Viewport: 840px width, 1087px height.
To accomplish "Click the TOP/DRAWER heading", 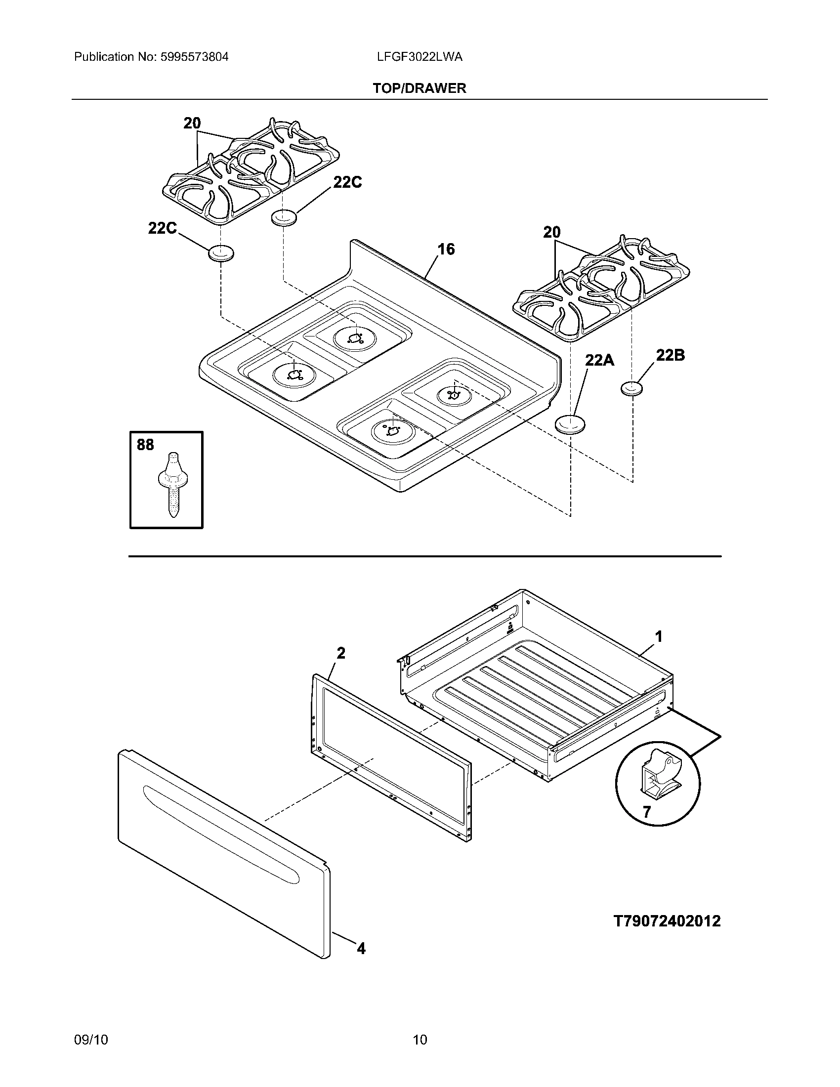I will coord(420,88).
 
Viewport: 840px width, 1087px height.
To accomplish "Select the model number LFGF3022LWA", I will coord(420,57).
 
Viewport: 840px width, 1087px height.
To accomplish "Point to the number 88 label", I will coord(145,445).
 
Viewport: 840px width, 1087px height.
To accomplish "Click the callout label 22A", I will coord(599,360).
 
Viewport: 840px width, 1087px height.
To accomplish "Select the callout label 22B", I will coord(670,355).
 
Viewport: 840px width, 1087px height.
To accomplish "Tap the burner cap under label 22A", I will coord(570,424).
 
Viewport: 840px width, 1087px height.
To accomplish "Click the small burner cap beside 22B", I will coord(631,388).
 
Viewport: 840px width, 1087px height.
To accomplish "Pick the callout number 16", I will coord(446,249).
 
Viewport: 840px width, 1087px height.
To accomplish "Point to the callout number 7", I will coord(646,812).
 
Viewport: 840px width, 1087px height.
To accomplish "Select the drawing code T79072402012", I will coord(667,921).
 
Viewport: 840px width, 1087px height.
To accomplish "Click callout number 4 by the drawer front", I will coord(361,949).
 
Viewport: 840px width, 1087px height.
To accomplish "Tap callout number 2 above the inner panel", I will coord(341,653).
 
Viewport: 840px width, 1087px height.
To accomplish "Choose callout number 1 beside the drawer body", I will coord(658,636).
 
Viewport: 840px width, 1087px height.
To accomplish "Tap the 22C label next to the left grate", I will coord(162,228).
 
